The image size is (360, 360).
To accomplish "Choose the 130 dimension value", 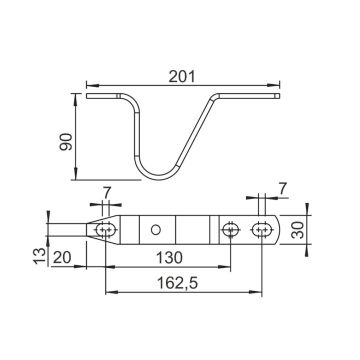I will click(168, 256).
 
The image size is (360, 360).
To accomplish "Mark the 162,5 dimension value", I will click(184, 283).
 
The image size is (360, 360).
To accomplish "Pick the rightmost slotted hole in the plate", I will click(262, 229).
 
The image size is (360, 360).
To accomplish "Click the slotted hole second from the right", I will click(231, 229).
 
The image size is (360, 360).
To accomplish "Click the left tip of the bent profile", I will click(88, 97).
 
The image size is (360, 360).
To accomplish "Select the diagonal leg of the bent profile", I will click(196, 135).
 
